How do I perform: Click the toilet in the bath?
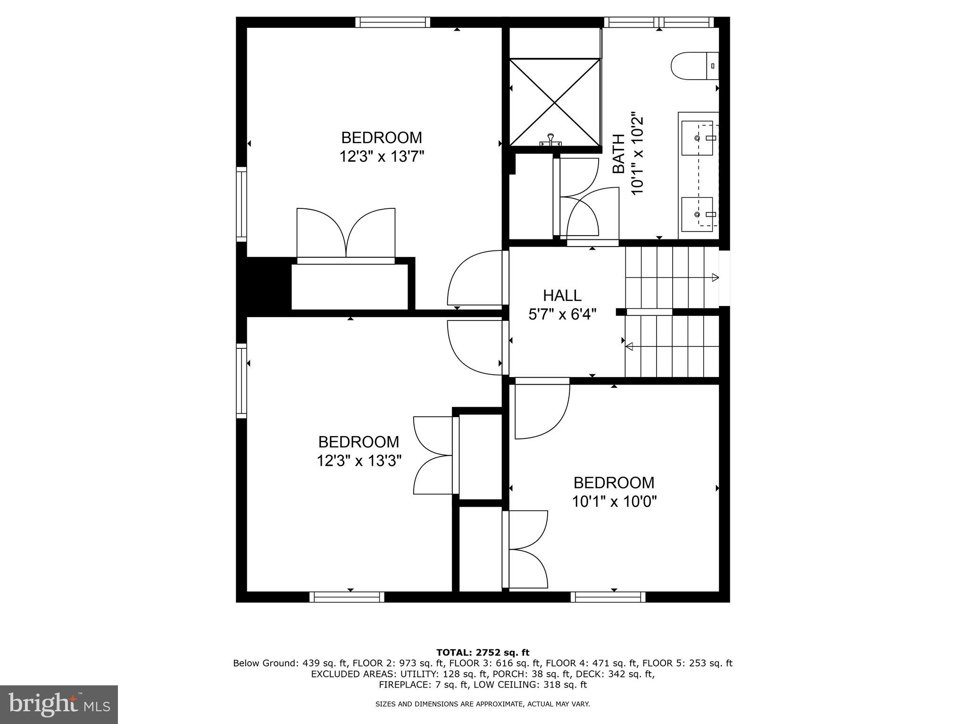click(x=693, y=66)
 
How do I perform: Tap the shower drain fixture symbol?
click(x=550, y=140)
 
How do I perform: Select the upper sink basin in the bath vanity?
click(x=698, y=138)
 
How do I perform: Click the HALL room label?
click(x=562, y=296)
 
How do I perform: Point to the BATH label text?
click(x=618, y=154)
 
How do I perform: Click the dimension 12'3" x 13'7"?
click(x=382, y=156)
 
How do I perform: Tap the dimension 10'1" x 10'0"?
click(x=614, y=502)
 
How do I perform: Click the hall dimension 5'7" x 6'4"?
click(x=562, y=314)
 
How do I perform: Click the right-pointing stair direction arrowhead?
click(x=715, y=277)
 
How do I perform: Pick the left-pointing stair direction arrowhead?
click(x=629, y=347)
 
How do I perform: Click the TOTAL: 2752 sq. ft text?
click(x=483, y=652)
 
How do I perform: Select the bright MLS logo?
click(x=58, y=704)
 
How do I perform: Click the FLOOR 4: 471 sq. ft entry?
click(x=602, y=663)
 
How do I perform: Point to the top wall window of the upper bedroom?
click(x=392, y=22)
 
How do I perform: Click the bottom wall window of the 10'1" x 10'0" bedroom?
click(x=608, y=597)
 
